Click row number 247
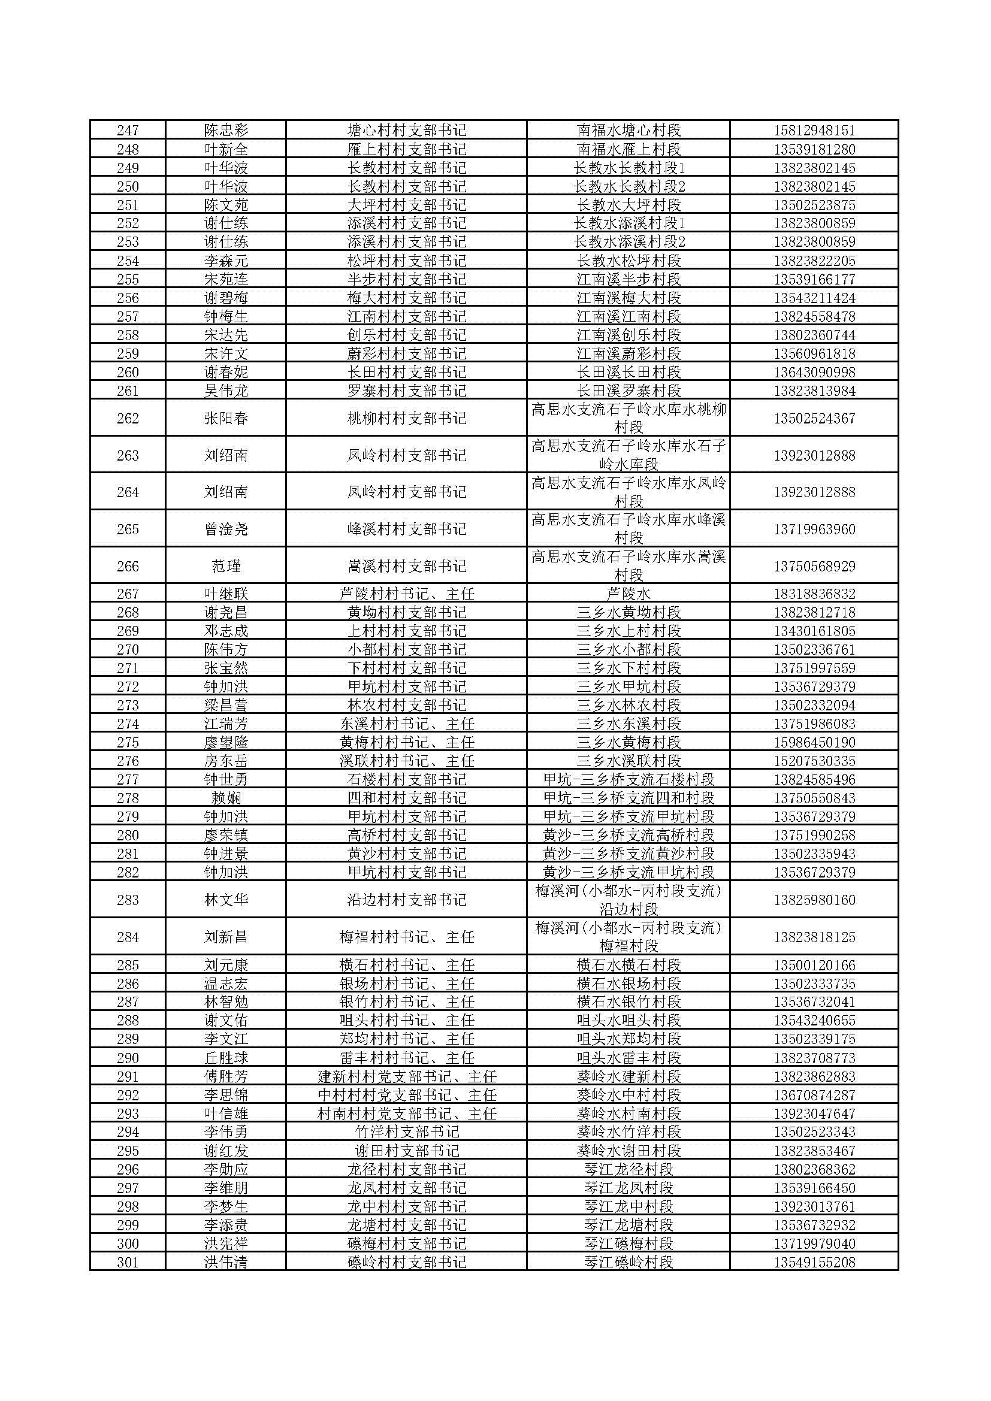pos(128,131)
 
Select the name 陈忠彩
pos(226,131)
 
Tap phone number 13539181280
pos(814,150)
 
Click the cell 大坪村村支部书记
pos(406,205)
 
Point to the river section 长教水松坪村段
pos(629,261)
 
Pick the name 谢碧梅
pos(226,298)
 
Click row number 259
pos(128,354)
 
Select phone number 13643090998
pos(814,372)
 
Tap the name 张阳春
pos(226,419)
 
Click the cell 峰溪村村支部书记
pos(406,529)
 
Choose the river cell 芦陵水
pos(629,594)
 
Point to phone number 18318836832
pos(814,594)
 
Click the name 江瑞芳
pos(226,724)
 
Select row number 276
pos(128,761)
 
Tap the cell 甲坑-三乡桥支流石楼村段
pos(629,780)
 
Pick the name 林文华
pos(226,900)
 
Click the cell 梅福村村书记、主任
pos(406,937)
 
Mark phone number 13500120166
pos(814,966)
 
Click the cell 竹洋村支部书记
pos(406,1132)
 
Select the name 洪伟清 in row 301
pos(226,1262)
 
